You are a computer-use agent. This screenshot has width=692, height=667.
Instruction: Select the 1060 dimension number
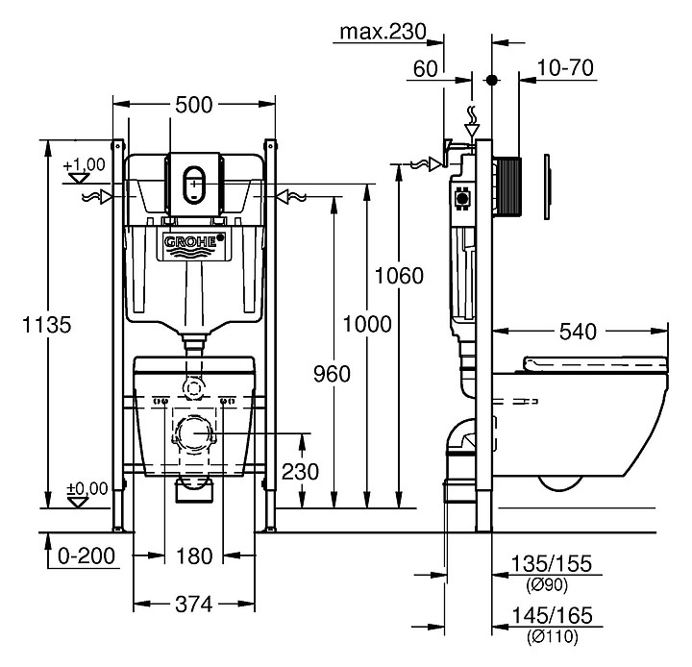click(399, 277)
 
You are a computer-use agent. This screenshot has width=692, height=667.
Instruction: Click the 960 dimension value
click(332, 373)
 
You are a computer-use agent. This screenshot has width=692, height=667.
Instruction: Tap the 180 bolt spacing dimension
click(194, 556)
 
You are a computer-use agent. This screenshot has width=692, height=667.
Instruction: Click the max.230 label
click(382, 33)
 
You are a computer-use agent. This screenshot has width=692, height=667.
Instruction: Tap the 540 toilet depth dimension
click(578, 332)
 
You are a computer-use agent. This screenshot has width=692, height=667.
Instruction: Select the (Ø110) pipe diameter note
click(552, 636)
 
